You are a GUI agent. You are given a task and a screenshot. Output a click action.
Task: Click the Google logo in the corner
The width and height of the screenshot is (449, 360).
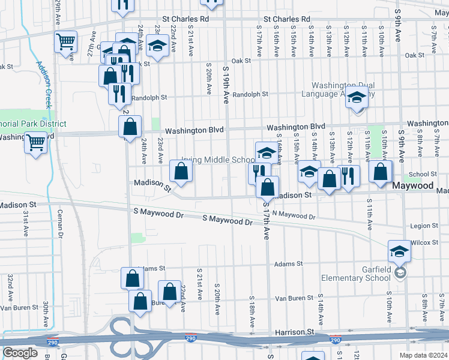tap(20, 353)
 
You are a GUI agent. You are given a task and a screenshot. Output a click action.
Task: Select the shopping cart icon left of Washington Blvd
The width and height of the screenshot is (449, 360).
tap(35, 143)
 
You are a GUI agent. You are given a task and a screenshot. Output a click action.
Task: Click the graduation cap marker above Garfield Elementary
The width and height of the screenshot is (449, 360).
tap(399, 252)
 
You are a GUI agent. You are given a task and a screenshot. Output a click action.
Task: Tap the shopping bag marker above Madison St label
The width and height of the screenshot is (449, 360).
tap(181, 172)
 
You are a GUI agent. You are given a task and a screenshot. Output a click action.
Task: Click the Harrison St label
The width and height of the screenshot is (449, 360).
tap(295, 332)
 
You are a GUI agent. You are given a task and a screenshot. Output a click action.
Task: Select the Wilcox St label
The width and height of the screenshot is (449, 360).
tap(425, 242)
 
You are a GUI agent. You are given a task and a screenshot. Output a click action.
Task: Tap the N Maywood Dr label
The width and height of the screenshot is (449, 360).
tap(294, 214)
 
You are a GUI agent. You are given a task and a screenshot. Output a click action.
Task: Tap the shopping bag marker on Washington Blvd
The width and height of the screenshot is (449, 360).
tap(130, 127)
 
